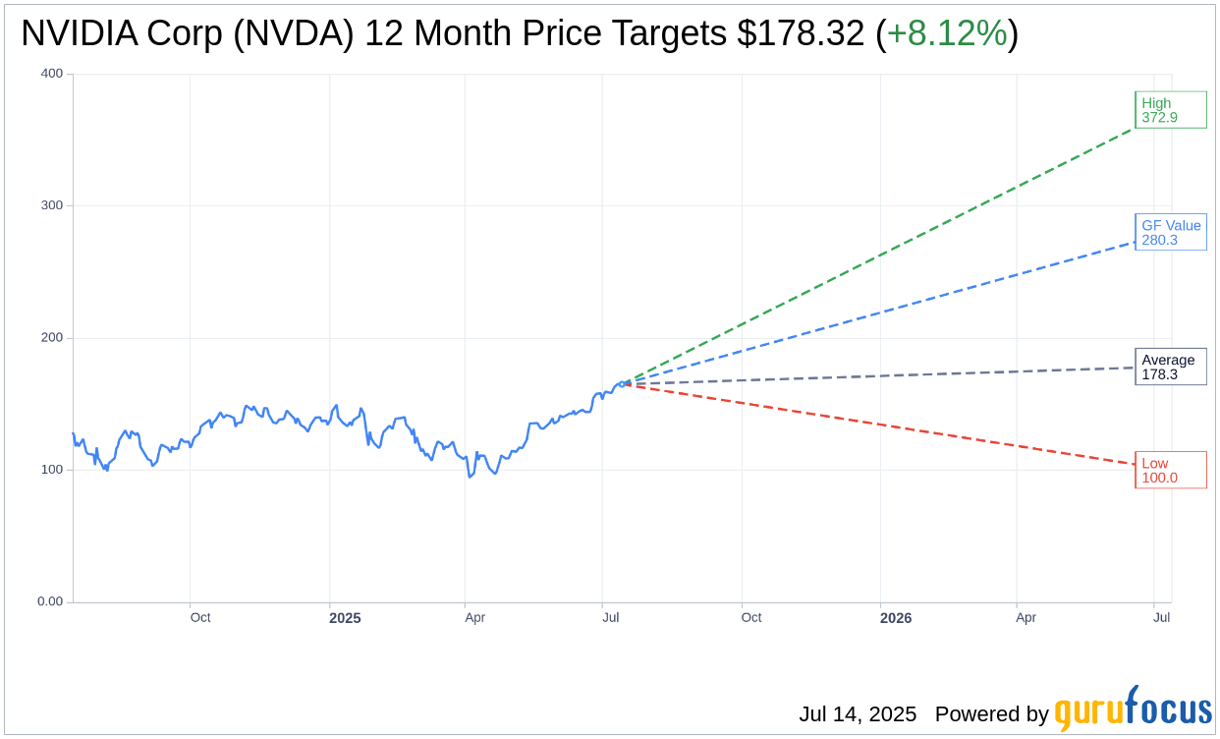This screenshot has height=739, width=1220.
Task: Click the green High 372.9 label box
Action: click(1170, 110)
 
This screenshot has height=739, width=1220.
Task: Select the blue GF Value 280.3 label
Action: click(1170, 232)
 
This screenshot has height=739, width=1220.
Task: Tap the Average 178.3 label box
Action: click(1170, 367)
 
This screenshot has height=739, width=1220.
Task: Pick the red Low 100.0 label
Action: click(1170, 470)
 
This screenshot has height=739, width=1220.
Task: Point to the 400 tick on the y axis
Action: click(52, 74)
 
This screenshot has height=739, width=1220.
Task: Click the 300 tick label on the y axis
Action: click(52, 205)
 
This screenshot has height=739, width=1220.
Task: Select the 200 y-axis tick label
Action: click(52, 338)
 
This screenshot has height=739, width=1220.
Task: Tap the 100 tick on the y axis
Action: click(52, 470)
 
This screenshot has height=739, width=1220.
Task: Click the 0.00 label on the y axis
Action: click(50, 601)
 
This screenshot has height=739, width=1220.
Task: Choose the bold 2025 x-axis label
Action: click(345, 618)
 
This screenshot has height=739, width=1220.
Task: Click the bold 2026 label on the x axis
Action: click(896, 618)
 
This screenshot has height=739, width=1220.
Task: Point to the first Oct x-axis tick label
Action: click(200, 617)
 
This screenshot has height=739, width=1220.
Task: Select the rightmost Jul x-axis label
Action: click(1161, 617)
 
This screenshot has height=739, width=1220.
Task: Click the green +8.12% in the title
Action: click(946, 33)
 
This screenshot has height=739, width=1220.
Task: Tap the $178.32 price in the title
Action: click(801, 33)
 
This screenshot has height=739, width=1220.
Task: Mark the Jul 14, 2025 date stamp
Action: click(858, 714)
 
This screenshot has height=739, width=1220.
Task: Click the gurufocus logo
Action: click(1133, 710)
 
